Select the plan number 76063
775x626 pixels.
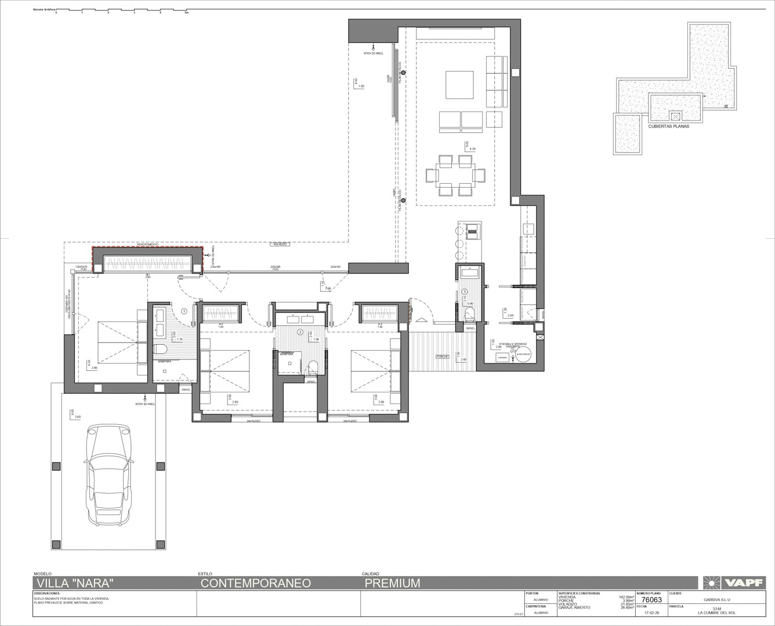coord(649,600)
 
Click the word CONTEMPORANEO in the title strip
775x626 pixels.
coord(256,583)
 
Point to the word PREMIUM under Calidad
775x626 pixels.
coord(392,583)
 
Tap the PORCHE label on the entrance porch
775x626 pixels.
coord(443,356)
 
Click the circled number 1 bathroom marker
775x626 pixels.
coord(184,311)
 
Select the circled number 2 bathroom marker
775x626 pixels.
coord(300,332)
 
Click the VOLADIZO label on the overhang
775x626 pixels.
coord(280,244)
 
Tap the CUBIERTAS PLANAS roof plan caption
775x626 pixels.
coord(669,126)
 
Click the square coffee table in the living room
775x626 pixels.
coord(460,85)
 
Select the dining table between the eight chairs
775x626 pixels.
coord(456,174)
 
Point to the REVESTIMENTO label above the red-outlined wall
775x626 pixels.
coord(147,245)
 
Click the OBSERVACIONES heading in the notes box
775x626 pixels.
coord(47,594)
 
